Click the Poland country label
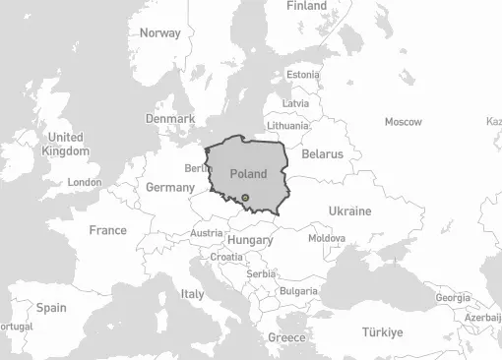click(248, 173)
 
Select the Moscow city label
click(403, 122)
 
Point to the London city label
click(85, 182)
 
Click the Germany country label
click(169, 187)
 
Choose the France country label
click(107, 230)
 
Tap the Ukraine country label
click(349, 211)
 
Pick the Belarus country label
click(322, 154)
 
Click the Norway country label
click(159, 32)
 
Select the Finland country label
click(306, 6)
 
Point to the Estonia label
click(302, 75)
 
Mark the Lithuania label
click(287, 126)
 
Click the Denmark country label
click(170, 118)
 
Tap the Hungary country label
click(250, 240)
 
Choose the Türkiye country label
click(381, 332)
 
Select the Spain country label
click(51, 308)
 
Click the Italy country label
click(192, 294)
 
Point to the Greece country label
click(286, 337)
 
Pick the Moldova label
click(327, 238)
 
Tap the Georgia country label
click(453, 297)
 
